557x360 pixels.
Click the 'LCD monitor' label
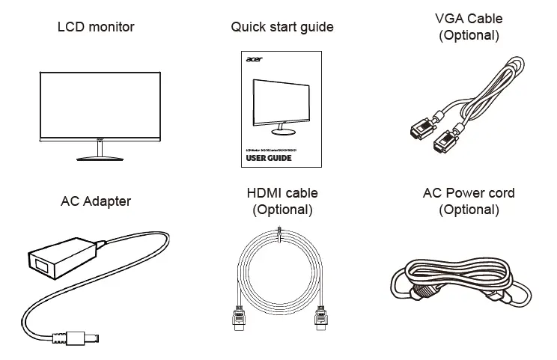click(x=96, y=28)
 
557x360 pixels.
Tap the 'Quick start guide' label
click(x=282, y=28)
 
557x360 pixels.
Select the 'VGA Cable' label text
click(x=469, y=19)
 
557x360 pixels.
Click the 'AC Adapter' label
click(x=96, y=201)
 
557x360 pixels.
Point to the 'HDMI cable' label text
click(x=282, y=194)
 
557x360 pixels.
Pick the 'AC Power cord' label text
click(x=469, y=194)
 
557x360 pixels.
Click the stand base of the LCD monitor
click(x=99, y=158)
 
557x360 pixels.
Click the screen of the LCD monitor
click(x=99, y=106)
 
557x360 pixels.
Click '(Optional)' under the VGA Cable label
click(x=469, y=35)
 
